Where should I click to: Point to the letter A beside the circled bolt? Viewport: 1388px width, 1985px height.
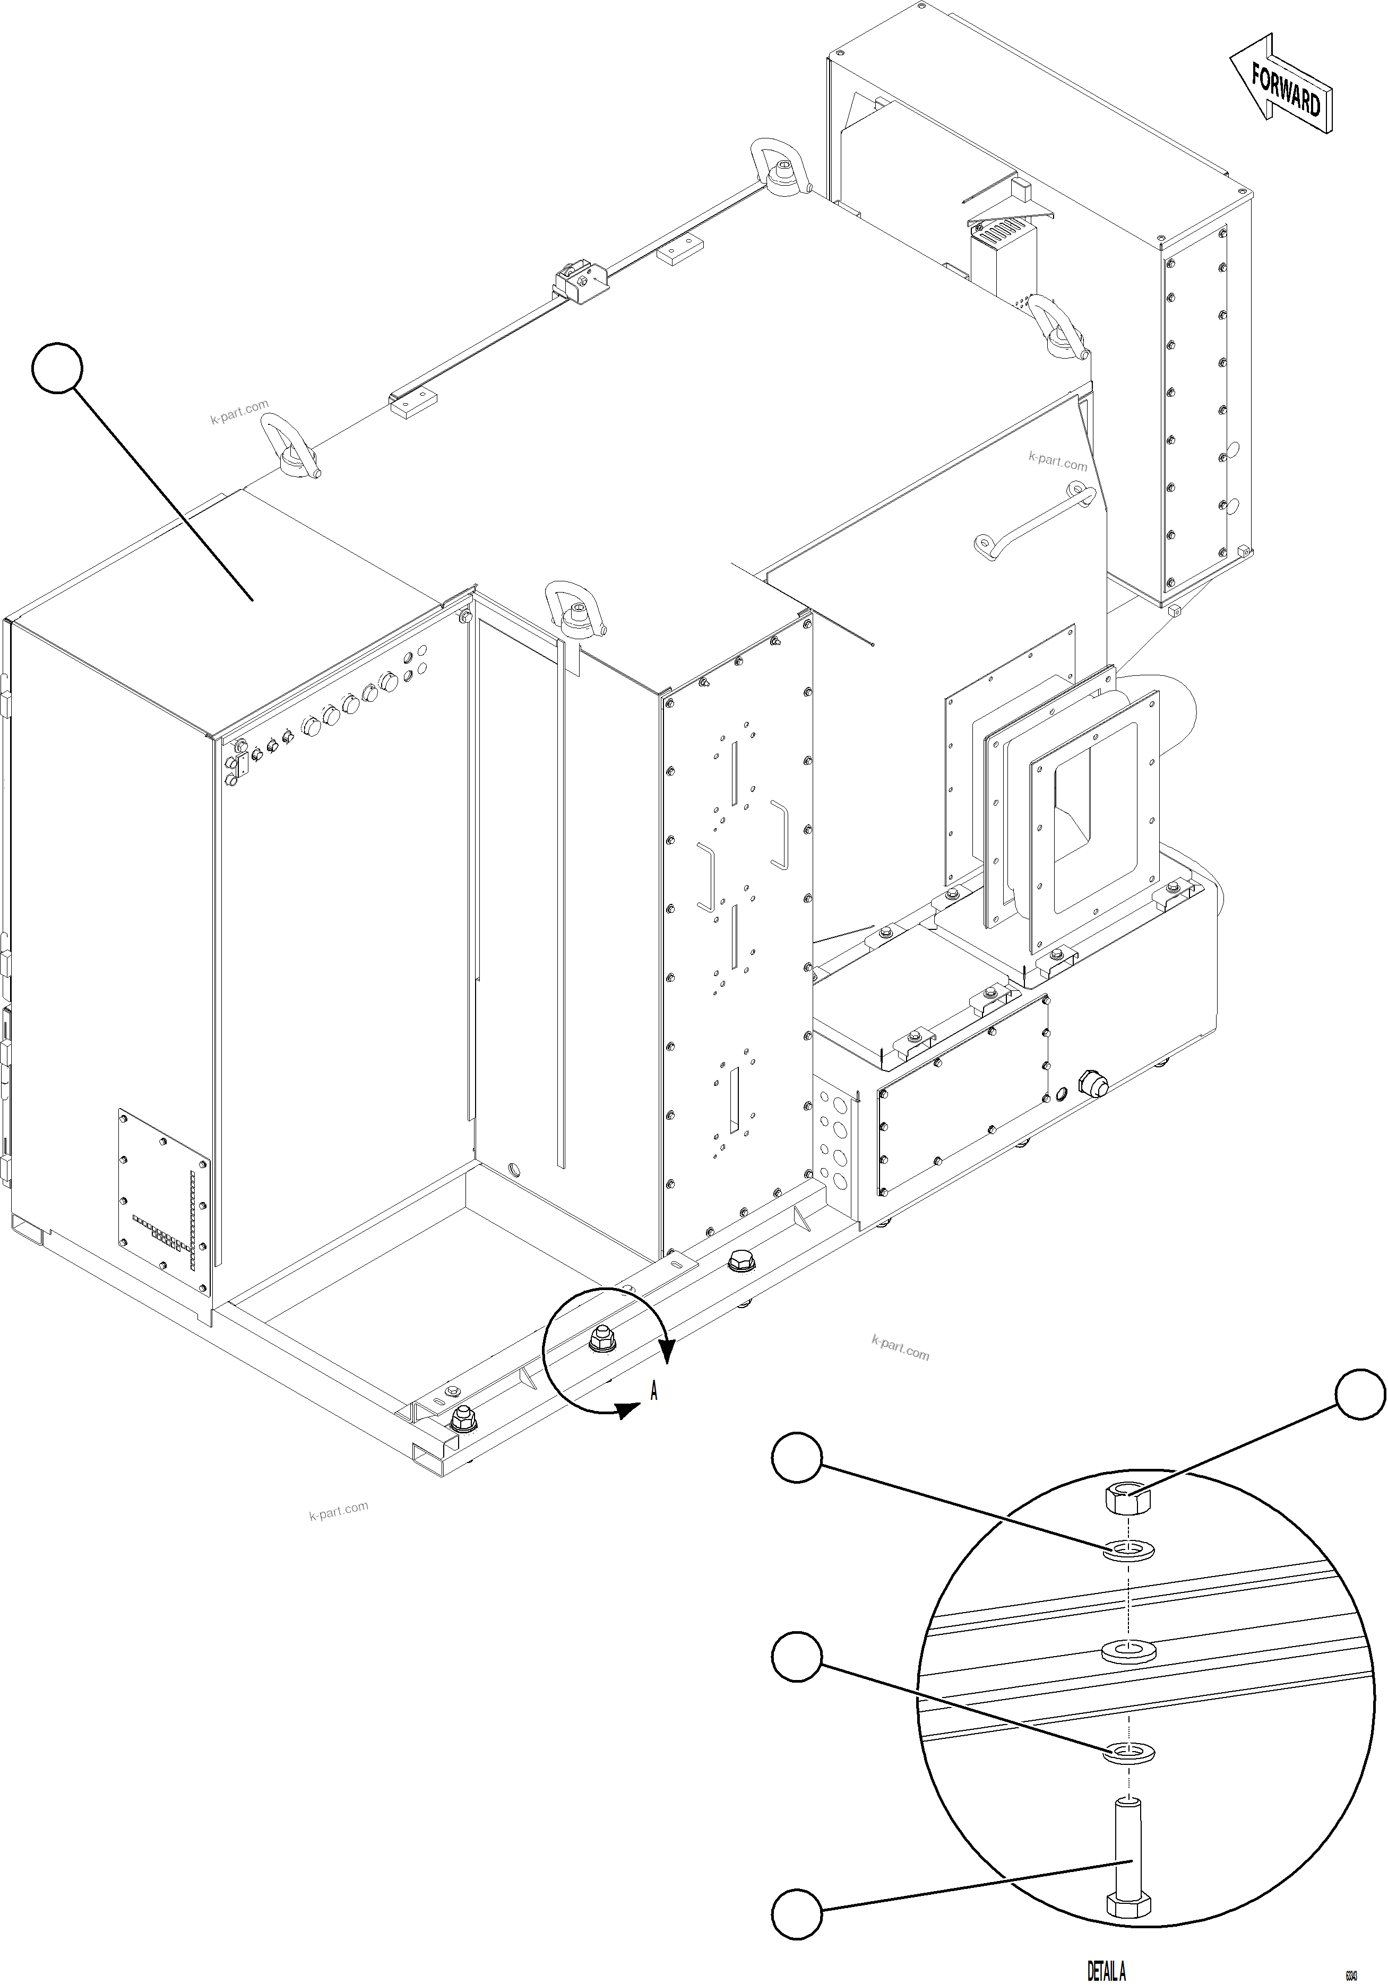(x=654, y=1391)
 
